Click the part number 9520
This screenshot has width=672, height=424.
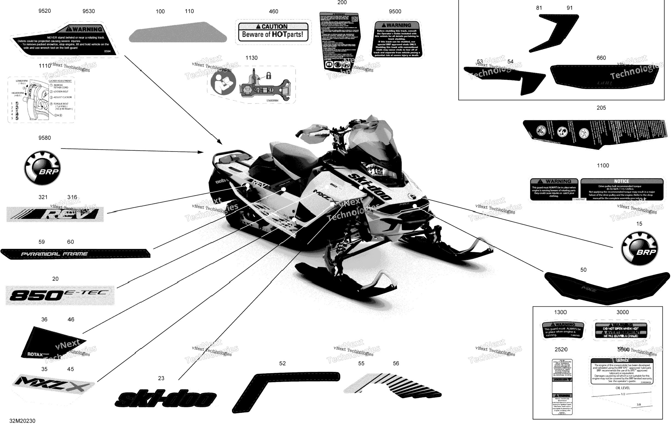pos(45,11)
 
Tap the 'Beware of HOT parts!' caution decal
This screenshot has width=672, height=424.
pos(273,32)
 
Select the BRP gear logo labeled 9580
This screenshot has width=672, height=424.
pos(42,168)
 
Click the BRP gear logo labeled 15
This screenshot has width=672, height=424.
pos(640,248)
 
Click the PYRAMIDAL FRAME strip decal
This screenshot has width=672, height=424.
pos(75,254)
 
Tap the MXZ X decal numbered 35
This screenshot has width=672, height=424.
pos(53,385)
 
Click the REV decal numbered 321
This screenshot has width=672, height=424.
pos(55,214)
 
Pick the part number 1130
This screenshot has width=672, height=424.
pos(251,58)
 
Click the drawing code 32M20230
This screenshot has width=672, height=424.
pos(22,421)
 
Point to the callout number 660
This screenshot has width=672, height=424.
pos(601,58)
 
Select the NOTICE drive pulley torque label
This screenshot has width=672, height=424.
pos(622,189)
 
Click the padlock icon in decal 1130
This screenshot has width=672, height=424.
pos(269,75)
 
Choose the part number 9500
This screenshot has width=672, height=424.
pos(395,11)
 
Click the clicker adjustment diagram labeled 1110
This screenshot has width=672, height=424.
pos(41,100)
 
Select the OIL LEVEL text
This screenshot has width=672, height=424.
pos(623,388)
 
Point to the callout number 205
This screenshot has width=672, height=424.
pos(601,108)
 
